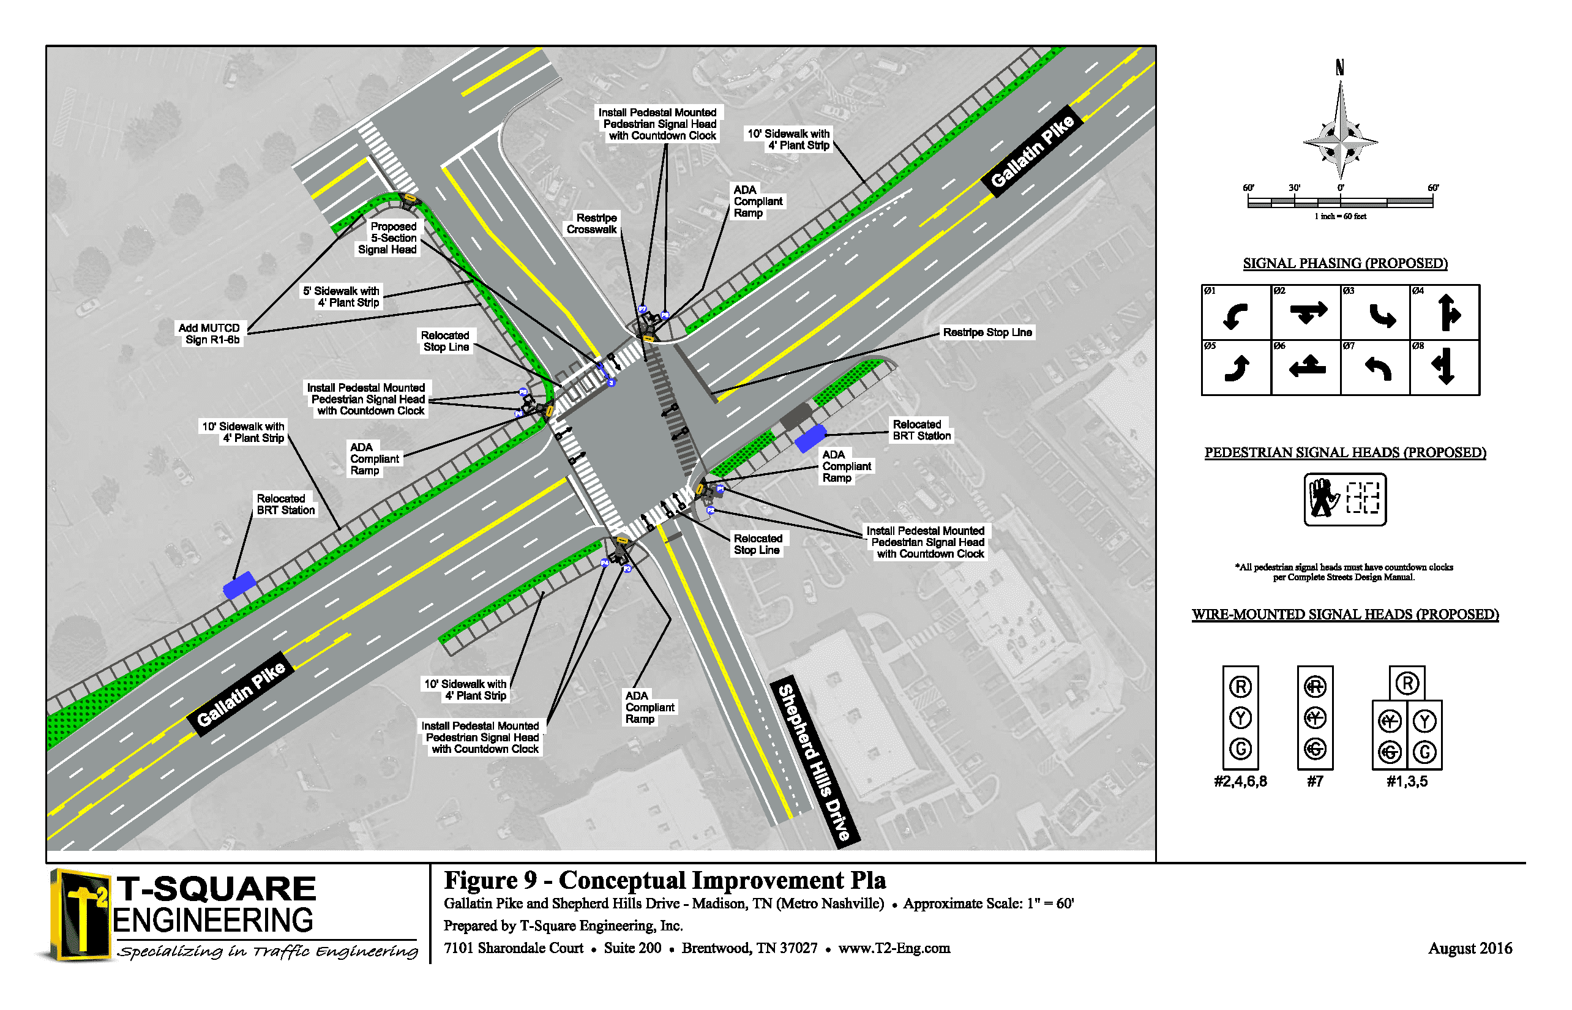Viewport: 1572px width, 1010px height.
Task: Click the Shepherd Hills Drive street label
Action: (x=815, y=762)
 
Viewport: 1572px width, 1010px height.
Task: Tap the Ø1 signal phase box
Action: (x=1235, y=312)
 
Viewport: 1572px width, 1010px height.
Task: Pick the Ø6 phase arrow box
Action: (x=1306, y=367)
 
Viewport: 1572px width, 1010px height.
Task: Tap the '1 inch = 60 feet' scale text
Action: (x=1340, y=217)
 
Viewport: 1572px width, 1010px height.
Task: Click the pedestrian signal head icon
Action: (x=1344, y=499)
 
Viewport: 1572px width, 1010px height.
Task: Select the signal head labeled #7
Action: (x=1315, y=718)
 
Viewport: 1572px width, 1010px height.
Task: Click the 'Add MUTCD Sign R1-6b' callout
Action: (x=211, y=333)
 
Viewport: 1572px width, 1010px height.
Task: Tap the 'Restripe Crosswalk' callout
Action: (x=592, y=223)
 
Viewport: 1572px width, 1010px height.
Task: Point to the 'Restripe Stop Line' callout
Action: (x=987, y=332)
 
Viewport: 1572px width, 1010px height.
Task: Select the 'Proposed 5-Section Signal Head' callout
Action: (x=388, y=238)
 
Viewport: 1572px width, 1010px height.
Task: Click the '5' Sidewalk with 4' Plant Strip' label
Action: (x=342, y=296)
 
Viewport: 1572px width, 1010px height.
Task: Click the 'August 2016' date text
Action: (x=1470, y=948)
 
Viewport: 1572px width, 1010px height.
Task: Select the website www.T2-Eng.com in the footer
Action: (x=894, y=948)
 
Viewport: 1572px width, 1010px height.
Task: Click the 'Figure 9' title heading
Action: (x=664, y=880)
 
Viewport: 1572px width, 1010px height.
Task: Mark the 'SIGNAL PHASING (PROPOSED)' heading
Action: (x=1345, y=264)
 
